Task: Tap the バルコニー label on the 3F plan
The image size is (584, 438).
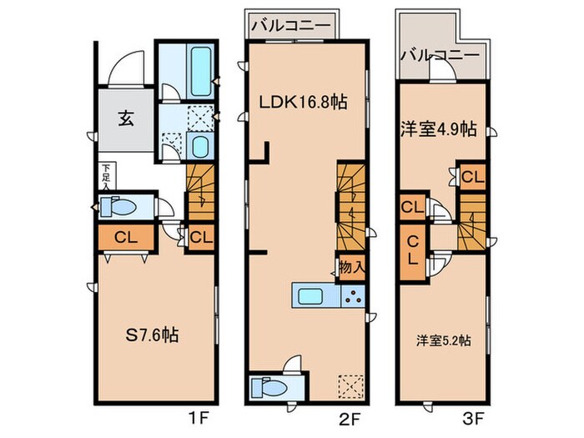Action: click(438, 57)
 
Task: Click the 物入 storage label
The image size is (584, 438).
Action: click(350, 268)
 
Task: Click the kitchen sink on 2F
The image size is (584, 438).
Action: click(315, 296)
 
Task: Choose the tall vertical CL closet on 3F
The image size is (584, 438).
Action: click(413, 250)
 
